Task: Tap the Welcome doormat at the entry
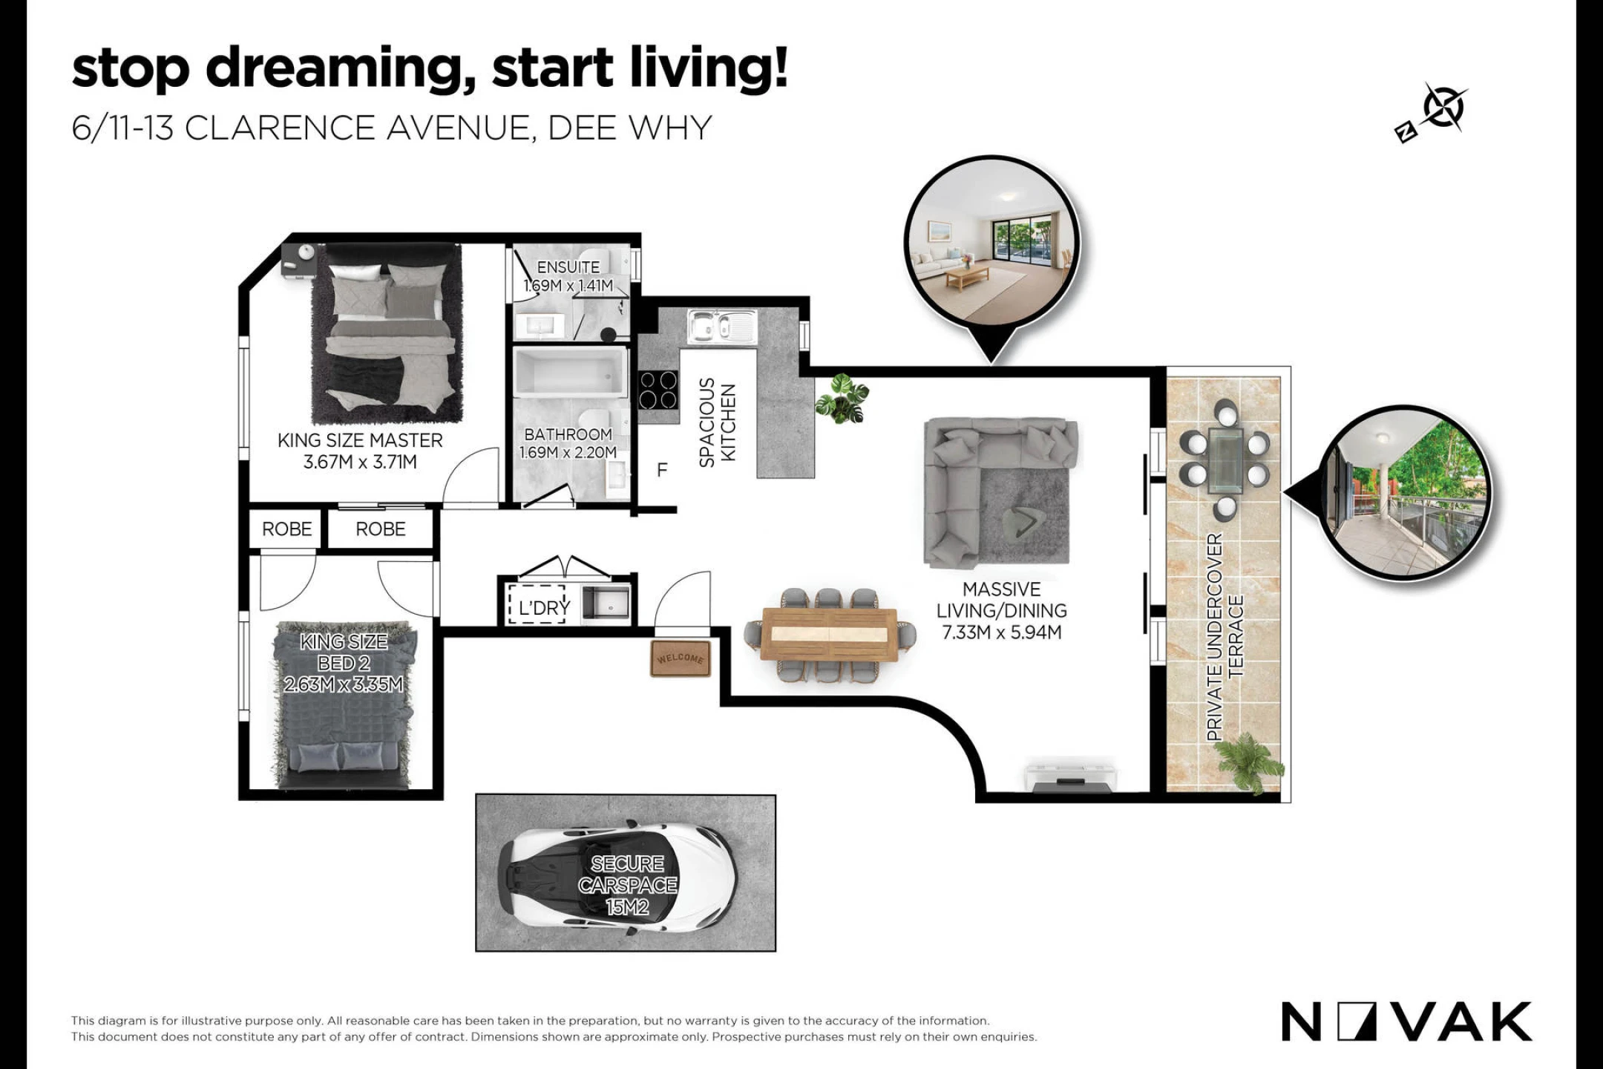click(680, 658)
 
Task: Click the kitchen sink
click(721, 327)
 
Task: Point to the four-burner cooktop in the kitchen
click(658, 390)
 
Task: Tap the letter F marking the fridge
click(662, 470)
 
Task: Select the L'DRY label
click(544, 608)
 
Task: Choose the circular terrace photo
click(1408, 492)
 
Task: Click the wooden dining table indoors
click(830, 635)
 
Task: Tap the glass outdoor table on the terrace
click(1225, 460)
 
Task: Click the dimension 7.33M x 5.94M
click(1002, 632)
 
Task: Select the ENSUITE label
click(568, 267)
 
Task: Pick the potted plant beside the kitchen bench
click(842, 399)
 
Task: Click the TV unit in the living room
click(1071, 775)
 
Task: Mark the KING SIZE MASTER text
click(360, 440)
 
